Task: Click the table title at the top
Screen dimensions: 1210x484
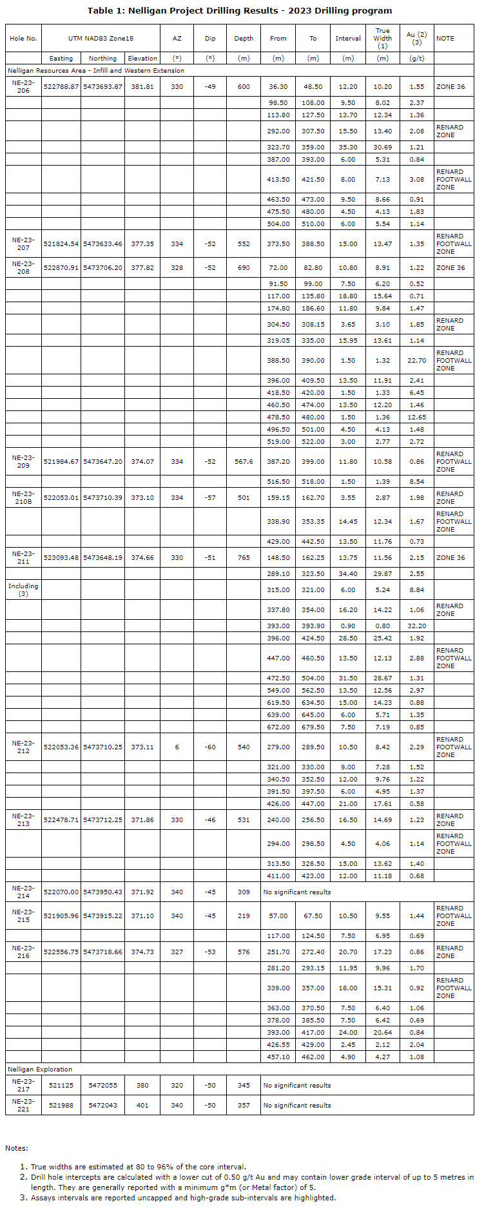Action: (240, 10)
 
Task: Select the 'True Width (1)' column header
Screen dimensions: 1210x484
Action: (382, 38)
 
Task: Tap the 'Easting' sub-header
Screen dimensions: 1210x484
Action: (61, 58)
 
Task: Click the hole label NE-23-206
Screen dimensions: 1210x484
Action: (23, 86)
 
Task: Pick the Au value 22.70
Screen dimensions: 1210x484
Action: (416, 361)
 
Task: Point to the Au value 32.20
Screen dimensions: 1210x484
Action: (416, 626)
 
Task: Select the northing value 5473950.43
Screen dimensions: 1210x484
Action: (102, 892)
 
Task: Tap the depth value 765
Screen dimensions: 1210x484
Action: (244, 558)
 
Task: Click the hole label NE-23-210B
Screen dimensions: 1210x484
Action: (23, 497)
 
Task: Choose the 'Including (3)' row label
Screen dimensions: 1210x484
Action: (23, 590)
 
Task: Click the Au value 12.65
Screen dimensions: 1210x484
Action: (416, 417)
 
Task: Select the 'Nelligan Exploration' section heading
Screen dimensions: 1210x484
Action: (40, 1069)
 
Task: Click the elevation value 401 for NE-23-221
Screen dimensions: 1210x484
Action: (142, 1105)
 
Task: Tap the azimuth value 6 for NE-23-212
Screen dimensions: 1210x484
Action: (177, 747)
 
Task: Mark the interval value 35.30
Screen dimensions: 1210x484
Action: (348, 147)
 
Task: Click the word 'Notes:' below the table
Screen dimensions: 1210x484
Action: (17, 1148)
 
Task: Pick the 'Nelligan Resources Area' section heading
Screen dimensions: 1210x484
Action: (96, 70)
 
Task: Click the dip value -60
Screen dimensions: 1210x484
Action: (210, 747)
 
